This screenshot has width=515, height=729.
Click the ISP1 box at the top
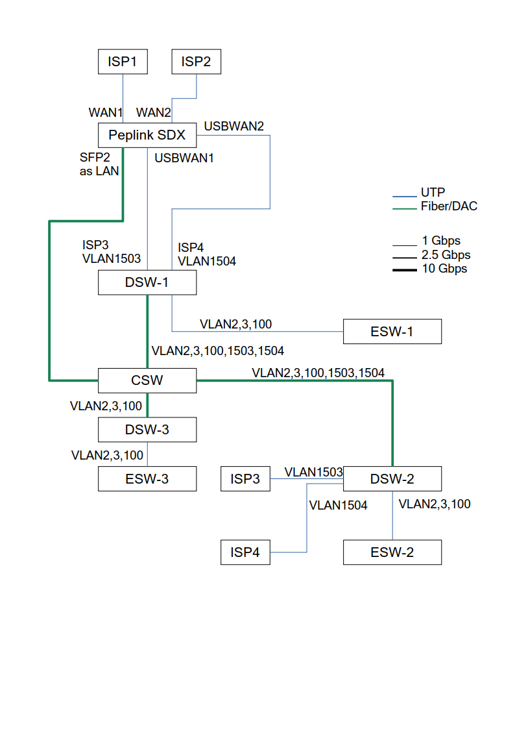[123, 62]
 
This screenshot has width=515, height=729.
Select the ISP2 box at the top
[196, 62]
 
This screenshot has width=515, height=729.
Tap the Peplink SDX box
[147, 135]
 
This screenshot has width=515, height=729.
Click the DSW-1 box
[147, 282]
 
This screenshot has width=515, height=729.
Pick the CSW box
[147, 380]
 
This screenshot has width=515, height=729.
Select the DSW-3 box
[147, 430]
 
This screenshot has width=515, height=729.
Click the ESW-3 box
[147, 479]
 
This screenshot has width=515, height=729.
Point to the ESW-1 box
[392, 332]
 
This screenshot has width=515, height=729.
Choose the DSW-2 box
[392, 479]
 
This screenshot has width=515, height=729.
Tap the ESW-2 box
[392, 552]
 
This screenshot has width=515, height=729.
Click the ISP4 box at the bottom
[245, 552]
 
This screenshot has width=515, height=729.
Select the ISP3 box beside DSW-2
[245, 479]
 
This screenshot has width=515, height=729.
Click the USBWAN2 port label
[234, 126]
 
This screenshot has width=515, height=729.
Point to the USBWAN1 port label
[184, 157]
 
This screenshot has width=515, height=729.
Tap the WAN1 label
[106, 112]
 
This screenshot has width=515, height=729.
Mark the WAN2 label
[153, 112]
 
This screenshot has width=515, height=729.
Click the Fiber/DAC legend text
[449, 206]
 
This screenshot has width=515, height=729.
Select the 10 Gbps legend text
[444, 269]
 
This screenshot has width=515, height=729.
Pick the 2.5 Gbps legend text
[446, 255]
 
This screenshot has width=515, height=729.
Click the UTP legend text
[433, 193]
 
